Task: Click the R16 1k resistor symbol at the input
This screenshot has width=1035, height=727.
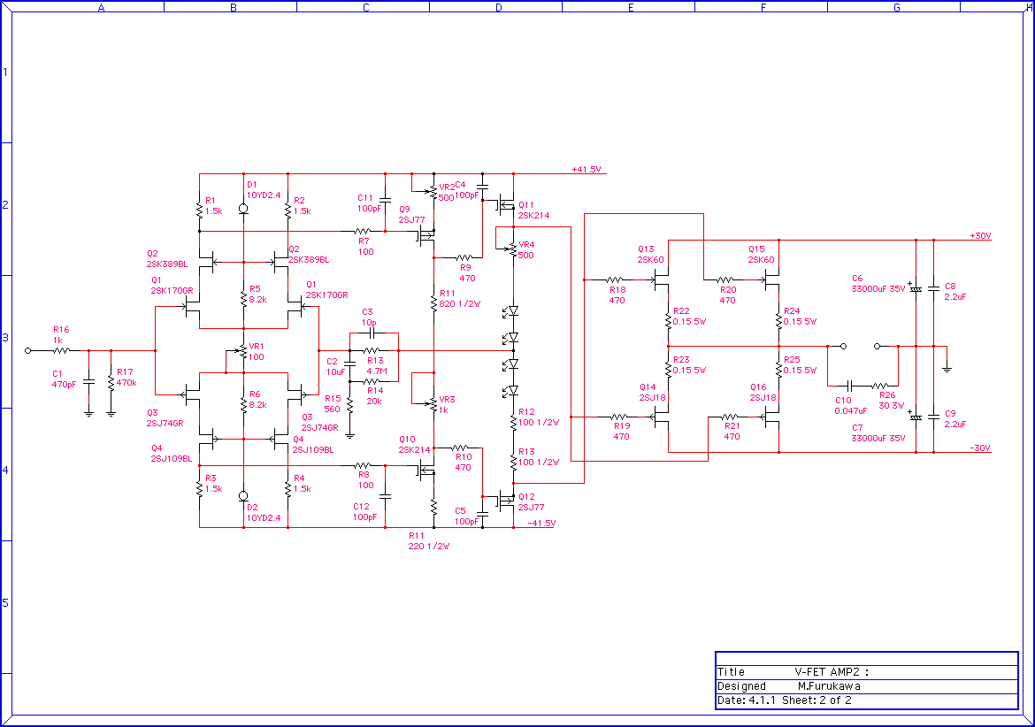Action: coord(60,351)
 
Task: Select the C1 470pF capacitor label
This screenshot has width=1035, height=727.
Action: coord(64,379)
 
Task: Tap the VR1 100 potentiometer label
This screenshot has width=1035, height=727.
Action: coord(256,352)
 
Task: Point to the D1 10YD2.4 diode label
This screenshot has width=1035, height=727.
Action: coord(263,189)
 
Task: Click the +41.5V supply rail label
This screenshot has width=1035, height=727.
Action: coord(586,169)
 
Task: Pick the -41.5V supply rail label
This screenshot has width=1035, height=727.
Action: coord(540,524)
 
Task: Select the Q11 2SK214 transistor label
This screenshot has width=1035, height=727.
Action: coord(533,210)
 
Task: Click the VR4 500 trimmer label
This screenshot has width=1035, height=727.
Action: coord(526,249)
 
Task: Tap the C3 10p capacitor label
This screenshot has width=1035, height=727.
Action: coord(369,318)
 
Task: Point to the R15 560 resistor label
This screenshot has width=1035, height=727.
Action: coord(333,403)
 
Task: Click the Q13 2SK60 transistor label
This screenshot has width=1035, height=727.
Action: coord(650,254)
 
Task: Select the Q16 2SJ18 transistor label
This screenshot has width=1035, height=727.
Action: coord(763,393)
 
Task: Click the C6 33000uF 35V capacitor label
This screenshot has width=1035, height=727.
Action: coord(878,283)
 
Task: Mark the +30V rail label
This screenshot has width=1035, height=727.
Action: coord(980,236)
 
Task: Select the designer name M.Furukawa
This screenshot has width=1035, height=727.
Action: coord(828,686)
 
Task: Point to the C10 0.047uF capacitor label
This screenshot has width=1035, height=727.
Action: coord(850,406)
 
